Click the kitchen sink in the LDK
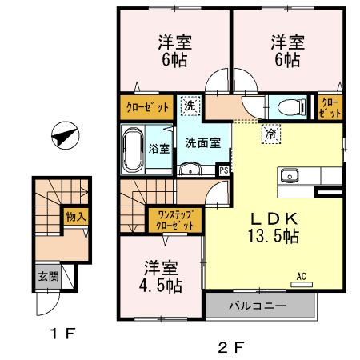289,176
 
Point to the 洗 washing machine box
189,105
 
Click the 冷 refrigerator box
271,135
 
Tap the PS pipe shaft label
225,170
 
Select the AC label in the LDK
302,277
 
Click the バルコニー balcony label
258,305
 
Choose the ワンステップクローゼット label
175,220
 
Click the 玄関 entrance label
47,278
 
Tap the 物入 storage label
76,217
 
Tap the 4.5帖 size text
163,285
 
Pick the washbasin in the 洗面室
190,168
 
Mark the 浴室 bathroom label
158,148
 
